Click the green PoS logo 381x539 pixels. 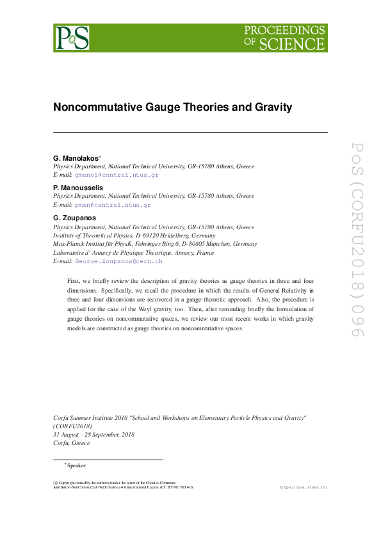[x=71, y=38]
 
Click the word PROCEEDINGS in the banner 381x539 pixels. [x=285, y=31]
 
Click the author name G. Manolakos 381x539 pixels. [x=75, y=157]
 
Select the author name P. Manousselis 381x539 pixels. [x=78, y=188]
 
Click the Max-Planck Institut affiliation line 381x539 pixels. [x=155, y=244]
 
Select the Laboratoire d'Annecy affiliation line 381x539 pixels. [x=133, y=253]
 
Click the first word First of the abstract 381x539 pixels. [x=74, y=281]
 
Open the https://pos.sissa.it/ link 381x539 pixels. [x=304, y=488]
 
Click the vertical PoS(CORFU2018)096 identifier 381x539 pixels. [x=356, y=240]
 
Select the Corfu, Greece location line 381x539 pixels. [x=72, y=442]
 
